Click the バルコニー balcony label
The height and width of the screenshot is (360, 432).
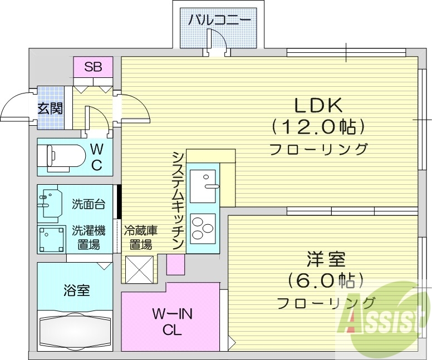(x=218, y=21)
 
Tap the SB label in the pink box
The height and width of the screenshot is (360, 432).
(x=93, y=68)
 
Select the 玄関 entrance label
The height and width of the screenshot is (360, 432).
(x=50, y=107)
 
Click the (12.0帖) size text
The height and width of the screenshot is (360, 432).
(x=318, y=127)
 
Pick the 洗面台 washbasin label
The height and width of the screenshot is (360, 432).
(x=89, y=204)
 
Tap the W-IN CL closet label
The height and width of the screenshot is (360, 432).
(x=172, y=322)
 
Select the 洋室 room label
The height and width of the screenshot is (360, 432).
(x=325, y=260)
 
